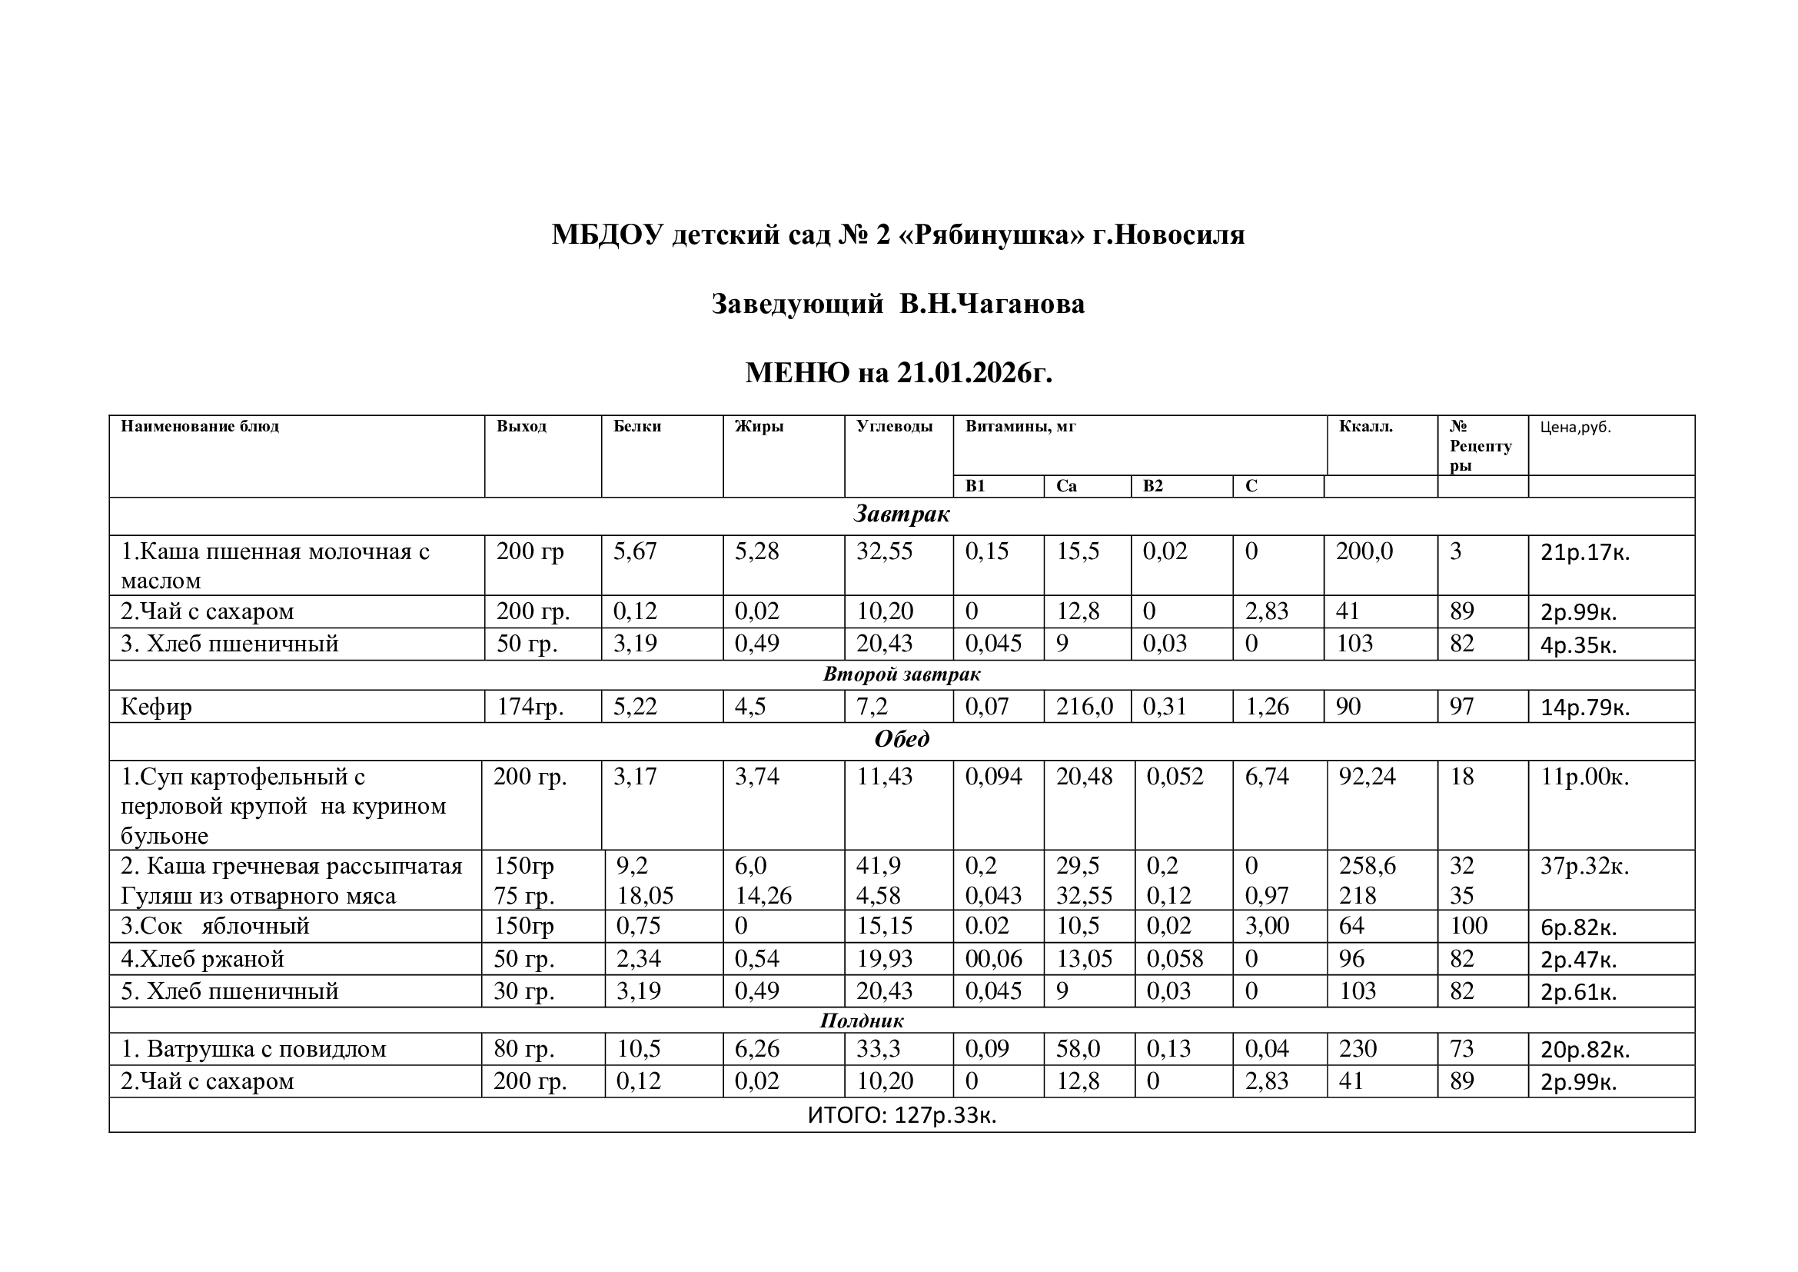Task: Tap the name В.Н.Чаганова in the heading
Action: pos(992,304)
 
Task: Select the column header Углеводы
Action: pos(894,427)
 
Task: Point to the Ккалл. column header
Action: pos(1366,427)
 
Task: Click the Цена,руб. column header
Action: pos(1576,428)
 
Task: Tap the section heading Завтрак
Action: pos(902,514)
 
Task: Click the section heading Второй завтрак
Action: pos(902,674)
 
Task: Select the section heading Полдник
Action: pos(862,1021)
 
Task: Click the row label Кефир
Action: pos(157,707)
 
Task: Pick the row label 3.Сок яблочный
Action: pos(215,926)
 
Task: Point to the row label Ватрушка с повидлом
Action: pos(266,1049)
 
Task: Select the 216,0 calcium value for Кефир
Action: pos(1085,707)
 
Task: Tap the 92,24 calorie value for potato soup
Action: pos(1367,777)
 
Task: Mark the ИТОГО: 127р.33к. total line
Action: pos(902,1114)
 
